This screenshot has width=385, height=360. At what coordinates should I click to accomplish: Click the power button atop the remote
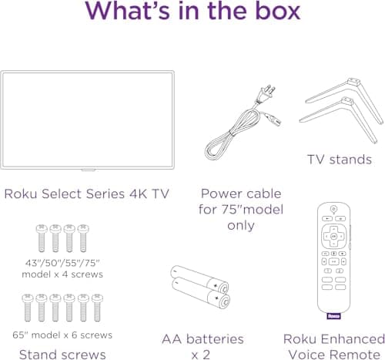tap(333, 209)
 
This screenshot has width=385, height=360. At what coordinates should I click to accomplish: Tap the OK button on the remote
tap(333, 234)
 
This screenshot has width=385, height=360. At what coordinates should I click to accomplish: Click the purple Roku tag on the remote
tap(333, 315)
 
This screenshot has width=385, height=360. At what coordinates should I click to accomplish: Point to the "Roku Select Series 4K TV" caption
tap(86, 193)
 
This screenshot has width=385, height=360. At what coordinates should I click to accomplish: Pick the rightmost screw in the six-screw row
tap(97, 308)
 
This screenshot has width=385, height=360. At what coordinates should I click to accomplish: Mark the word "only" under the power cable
tap(240, 225)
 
